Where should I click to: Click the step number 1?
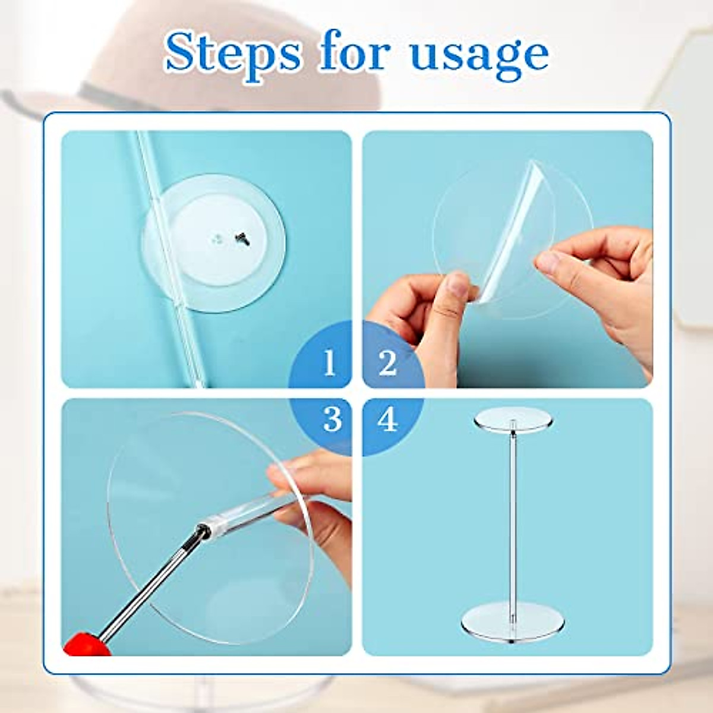point(330,362)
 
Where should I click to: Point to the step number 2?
point(387,362)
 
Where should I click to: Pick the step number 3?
point(332,419)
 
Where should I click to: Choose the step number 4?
point(387,420)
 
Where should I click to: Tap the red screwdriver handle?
point(83,645)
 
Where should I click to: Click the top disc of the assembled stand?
point(513,419)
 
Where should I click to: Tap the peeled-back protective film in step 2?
point(517,226)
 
